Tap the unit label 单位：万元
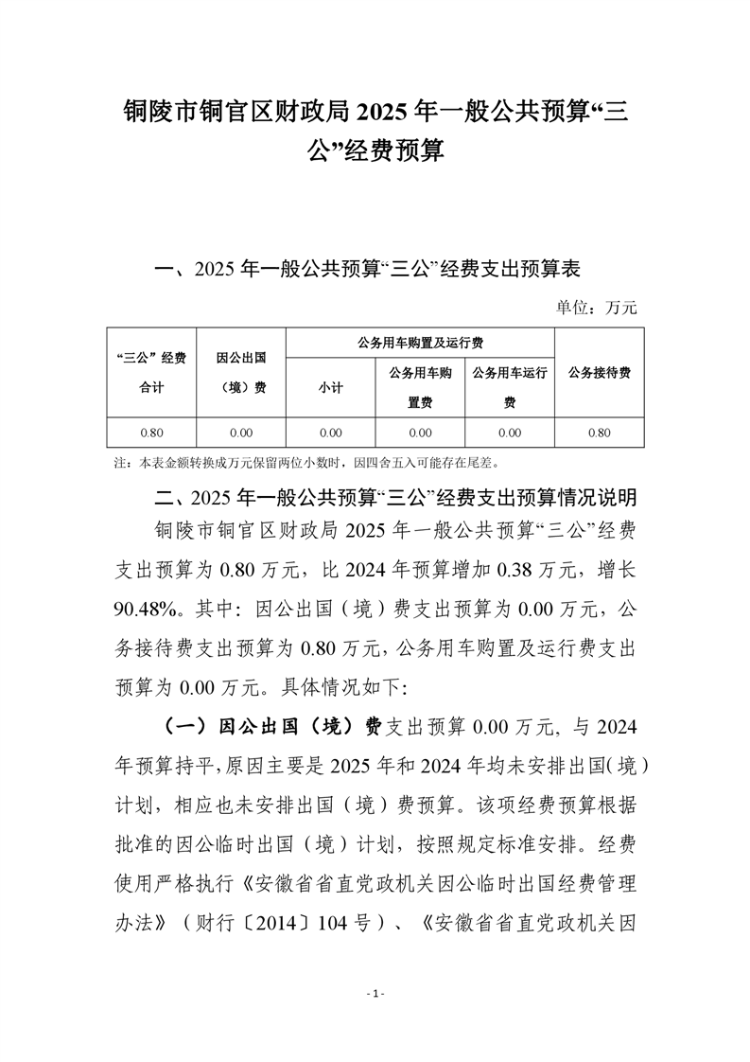(x=599, y=307)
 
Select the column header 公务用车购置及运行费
(x=419, y=343)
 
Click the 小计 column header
(x=330, y=387)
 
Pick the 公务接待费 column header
(x=599, y=372)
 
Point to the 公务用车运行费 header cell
(x=510, y=387)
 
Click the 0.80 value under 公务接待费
(x=599, y=433)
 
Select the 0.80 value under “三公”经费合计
(x=151, y=433)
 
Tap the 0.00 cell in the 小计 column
(x=330, y=433)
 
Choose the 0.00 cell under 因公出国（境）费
(x=240, y=433)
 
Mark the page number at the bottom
(x=375, y=994)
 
